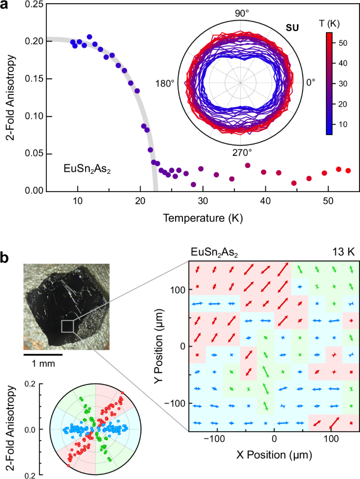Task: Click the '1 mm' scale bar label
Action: pos(43,365)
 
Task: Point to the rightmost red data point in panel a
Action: pos(348,170)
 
